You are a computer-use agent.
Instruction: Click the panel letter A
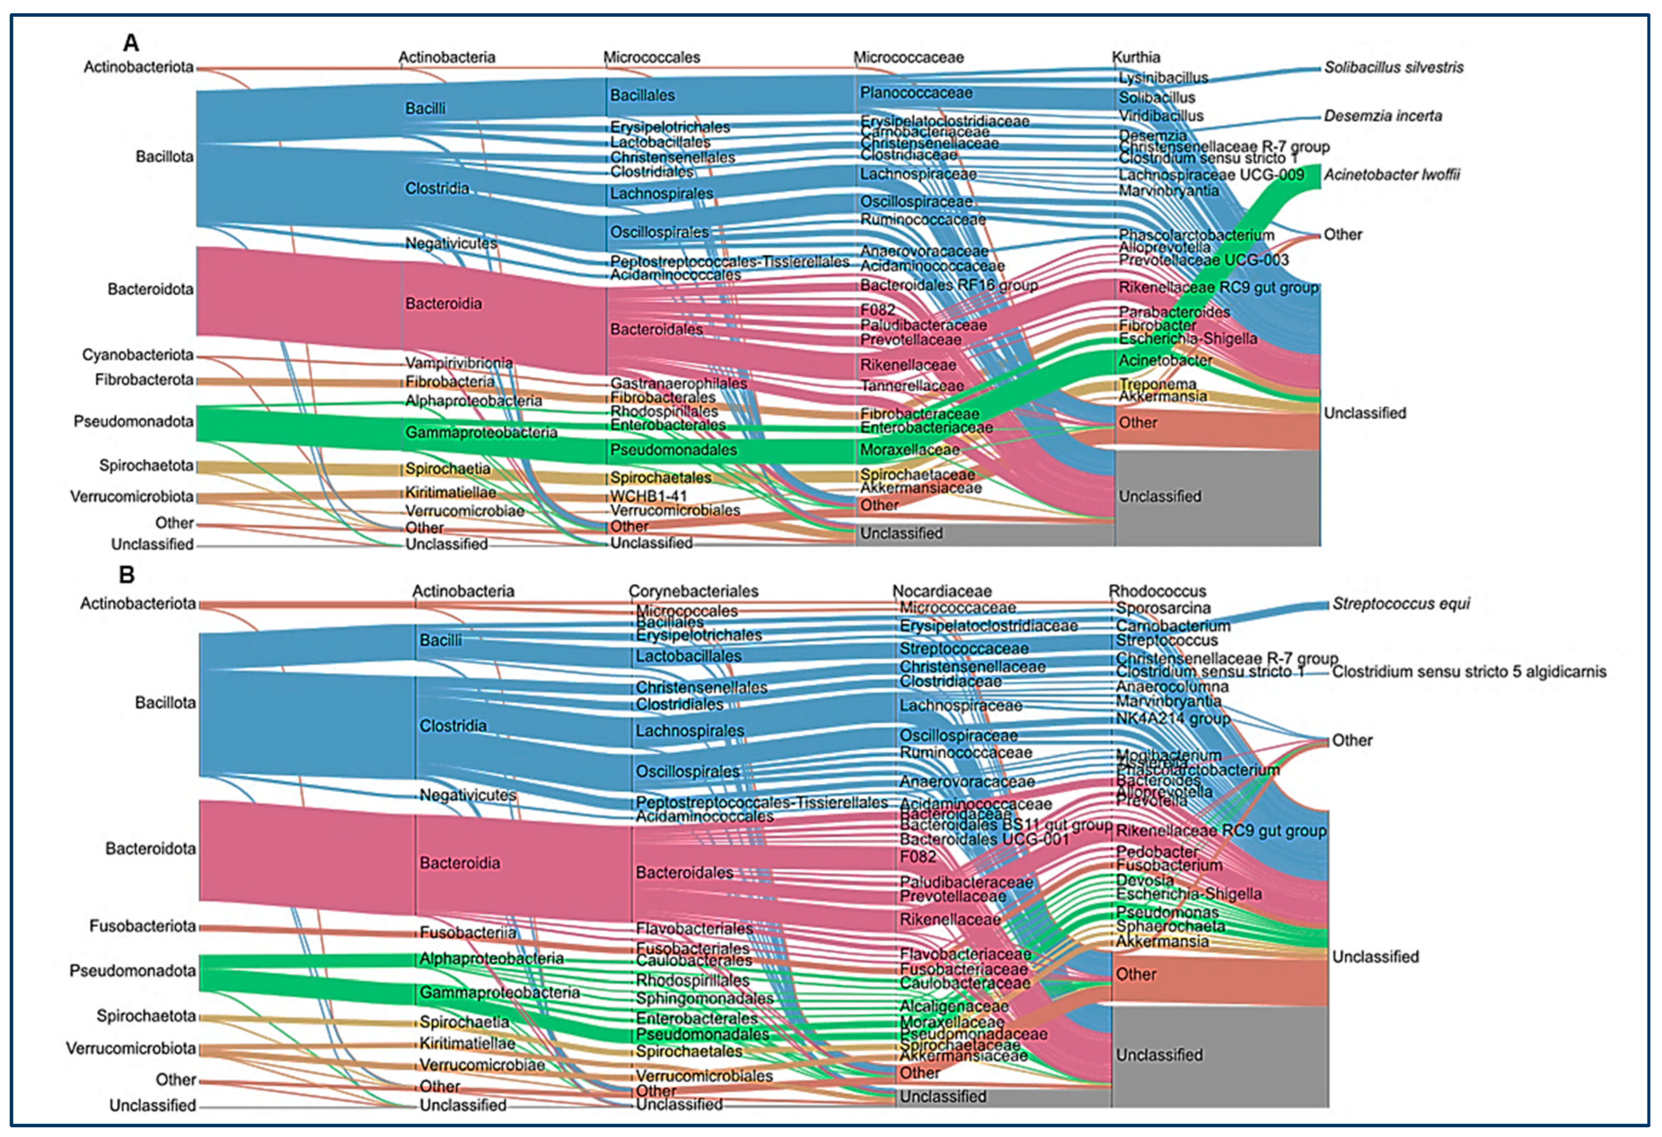point(131,44)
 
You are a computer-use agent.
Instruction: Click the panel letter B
point(127,575)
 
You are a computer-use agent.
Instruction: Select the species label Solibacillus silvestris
point(1393,67)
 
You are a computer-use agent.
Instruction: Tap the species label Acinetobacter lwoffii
point(1391,174)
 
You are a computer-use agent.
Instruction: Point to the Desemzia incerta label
point(1382,116)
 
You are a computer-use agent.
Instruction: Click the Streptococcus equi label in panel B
point(1400,604)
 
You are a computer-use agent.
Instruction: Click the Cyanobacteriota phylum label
point(137,355)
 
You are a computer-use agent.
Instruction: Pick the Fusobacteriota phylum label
point(142,926)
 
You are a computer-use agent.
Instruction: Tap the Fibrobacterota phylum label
point(144,380)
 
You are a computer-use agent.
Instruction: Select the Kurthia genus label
point(1136,57)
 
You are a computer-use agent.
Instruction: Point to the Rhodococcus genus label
point(1157,591)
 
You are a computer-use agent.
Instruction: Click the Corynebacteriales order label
point(693,591)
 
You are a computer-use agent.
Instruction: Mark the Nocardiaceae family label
point(942,591)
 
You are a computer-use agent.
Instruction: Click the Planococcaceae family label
point(916,93)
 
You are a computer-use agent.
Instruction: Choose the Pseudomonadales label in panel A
point(673,450)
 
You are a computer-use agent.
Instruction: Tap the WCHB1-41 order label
point(648,495)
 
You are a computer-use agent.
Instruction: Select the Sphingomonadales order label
point(704,998)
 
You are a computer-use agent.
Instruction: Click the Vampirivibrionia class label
point(458,363)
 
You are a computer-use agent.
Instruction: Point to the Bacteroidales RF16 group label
point(948,285)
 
